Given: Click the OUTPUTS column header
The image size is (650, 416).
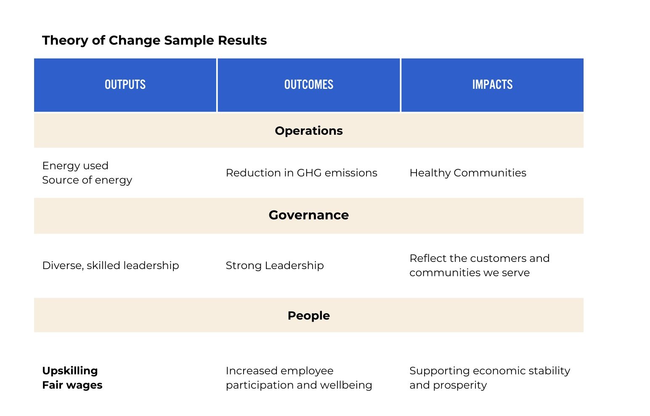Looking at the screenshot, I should pyautogui.click(x=125, y=85).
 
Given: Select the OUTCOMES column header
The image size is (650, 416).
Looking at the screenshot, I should pyautogui.click(x=308, y=85).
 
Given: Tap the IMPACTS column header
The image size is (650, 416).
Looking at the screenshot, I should pyautogui.click(x=492, y=85).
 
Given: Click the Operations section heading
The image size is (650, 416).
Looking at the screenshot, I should pyautogui.click(x=308, y=131).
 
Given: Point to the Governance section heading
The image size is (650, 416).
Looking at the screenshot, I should pyautogui.click(x=308, y=215).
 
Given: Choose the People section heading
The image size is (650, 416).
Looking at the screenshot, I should pyautogui.click(x=308, y=315).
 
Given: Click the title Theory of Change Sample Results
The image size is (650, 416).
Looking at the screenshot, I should pyautogui.click(x=154, y=40).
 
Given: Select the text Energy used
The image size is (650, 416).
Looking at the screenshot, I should pyautogui.click(x=75, y=165).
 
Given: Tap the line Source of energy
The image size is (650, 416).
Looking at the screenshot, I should pyautogui.click(x=87, y=180).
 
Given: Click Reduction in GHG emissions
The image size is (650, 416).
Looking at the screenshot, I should pyautogui.click(x=301, y=173).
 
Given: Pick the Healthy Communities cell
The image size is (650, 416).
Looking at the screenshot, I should pyautogui.click(x=467, y=173).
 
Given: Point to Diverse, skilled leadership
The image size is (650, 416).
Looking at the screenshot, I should pyautogui.click(x=111, y=265).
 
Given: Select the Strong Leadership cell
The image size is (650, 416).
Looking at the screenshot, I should pyautogui.click(x=275, y=265).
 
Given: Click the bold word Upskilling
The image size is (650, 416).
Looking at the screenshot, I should pyautogui.click(x=70, y=371).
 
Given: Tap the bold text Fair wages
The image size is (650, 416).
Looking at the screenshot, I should pyautogui.click(x=72, y=385).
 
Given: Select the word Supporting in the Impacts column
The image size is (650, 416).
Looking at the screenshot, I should pyautogui.click(x=440, y=371).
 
